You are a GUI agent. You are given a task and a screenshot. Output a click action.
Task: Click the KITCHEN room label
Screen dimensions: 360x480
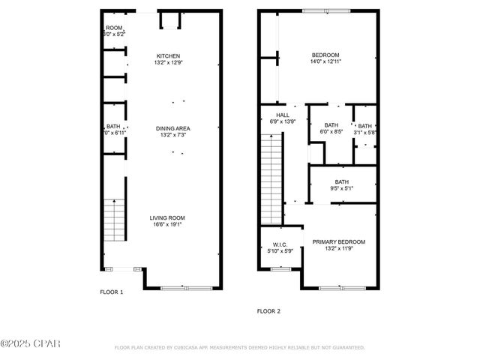(168, 56)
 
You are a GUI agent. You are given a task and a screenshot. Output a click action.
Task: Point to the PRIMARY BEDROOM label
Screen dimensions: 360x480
(339, 241)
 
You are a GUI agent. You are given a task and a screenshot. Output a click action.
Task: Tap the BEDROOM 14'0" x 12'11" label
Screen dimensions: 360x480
(326, 55)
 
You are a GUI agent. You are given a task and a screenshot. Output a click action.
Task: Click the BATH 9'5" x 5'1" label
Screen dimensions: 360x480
(342, 182)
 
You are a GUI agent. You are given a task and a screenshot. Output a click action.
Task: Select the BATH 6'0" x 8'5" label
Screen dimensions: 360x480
(331, 125)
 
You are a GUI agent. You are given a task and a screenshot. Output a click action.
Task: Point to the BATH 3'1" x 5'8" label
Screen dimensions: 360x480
(365, 126)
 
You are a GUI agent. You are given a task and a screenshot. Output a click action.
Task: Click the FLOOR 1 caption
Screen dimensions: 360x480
(112, 292)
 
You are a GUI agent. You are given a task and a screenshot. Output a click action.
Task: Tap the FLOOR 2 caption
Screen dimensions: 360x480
(268, 310)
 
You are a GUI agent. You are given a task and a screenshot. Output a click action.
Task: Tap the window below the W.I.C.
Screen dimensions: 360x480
(280, 268)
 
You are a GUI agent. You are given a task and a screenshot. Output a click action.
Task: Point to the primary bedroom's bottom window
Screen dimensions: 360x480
(338, 288)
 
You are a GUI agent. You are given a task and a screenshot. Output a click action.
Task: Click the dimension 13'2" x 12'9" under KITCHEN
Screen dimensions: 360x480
(168, 63)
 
